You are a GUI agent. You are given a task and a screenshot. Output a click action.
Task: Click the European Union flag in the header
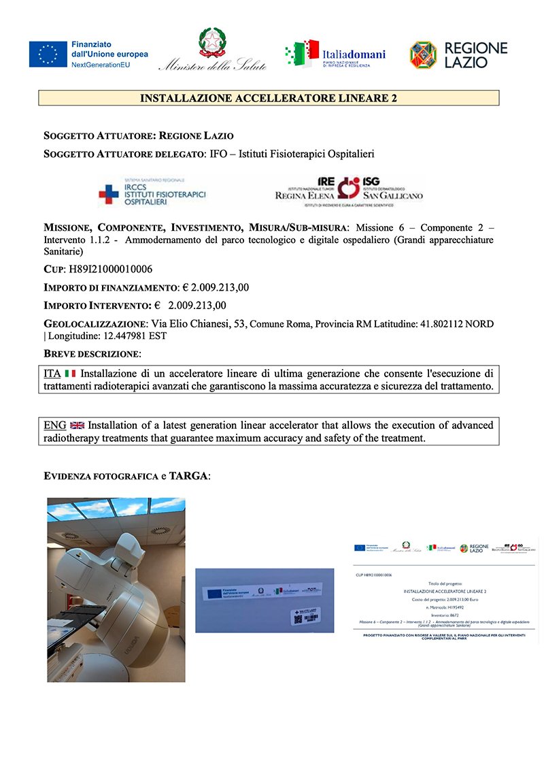(48, 54)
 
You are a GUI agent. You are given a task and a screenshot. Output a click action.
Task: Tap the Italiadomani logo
(335, 54)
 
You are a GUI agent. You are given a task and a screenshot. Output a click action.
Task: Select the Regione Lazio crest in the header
(423, 54)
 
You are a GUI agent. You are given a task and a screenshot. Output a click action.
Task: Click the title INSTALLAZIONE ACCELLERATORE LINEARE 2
(269, 98)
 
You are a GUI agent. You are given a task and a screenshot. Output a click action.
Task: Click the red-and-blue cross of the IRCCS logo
(108, 195)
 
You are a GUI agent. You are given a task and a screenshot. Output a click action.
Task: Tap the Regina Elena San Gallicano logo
(349, 191)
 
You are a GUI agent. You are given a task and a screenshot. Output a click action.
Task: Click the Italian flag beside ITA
(70, 374)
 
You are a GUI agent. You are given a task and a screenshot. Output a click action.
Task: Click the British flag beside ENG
(77, 426)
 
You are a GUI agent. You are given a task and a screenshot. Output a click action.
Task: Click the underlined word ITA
(52, 374)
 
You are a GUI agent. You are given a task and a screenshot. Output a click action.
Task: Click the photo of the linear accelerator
(116, 590)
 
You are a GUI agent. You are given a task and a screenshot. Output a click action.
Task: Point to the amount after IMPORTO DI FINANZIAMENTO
(216, 287)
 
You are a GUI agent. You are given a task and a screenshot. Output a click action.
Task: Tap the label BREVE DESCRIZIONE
(92, 353)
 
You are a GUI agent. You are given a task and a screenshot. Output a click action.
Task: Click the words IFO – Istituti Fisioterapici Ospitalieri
(292, 155)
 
